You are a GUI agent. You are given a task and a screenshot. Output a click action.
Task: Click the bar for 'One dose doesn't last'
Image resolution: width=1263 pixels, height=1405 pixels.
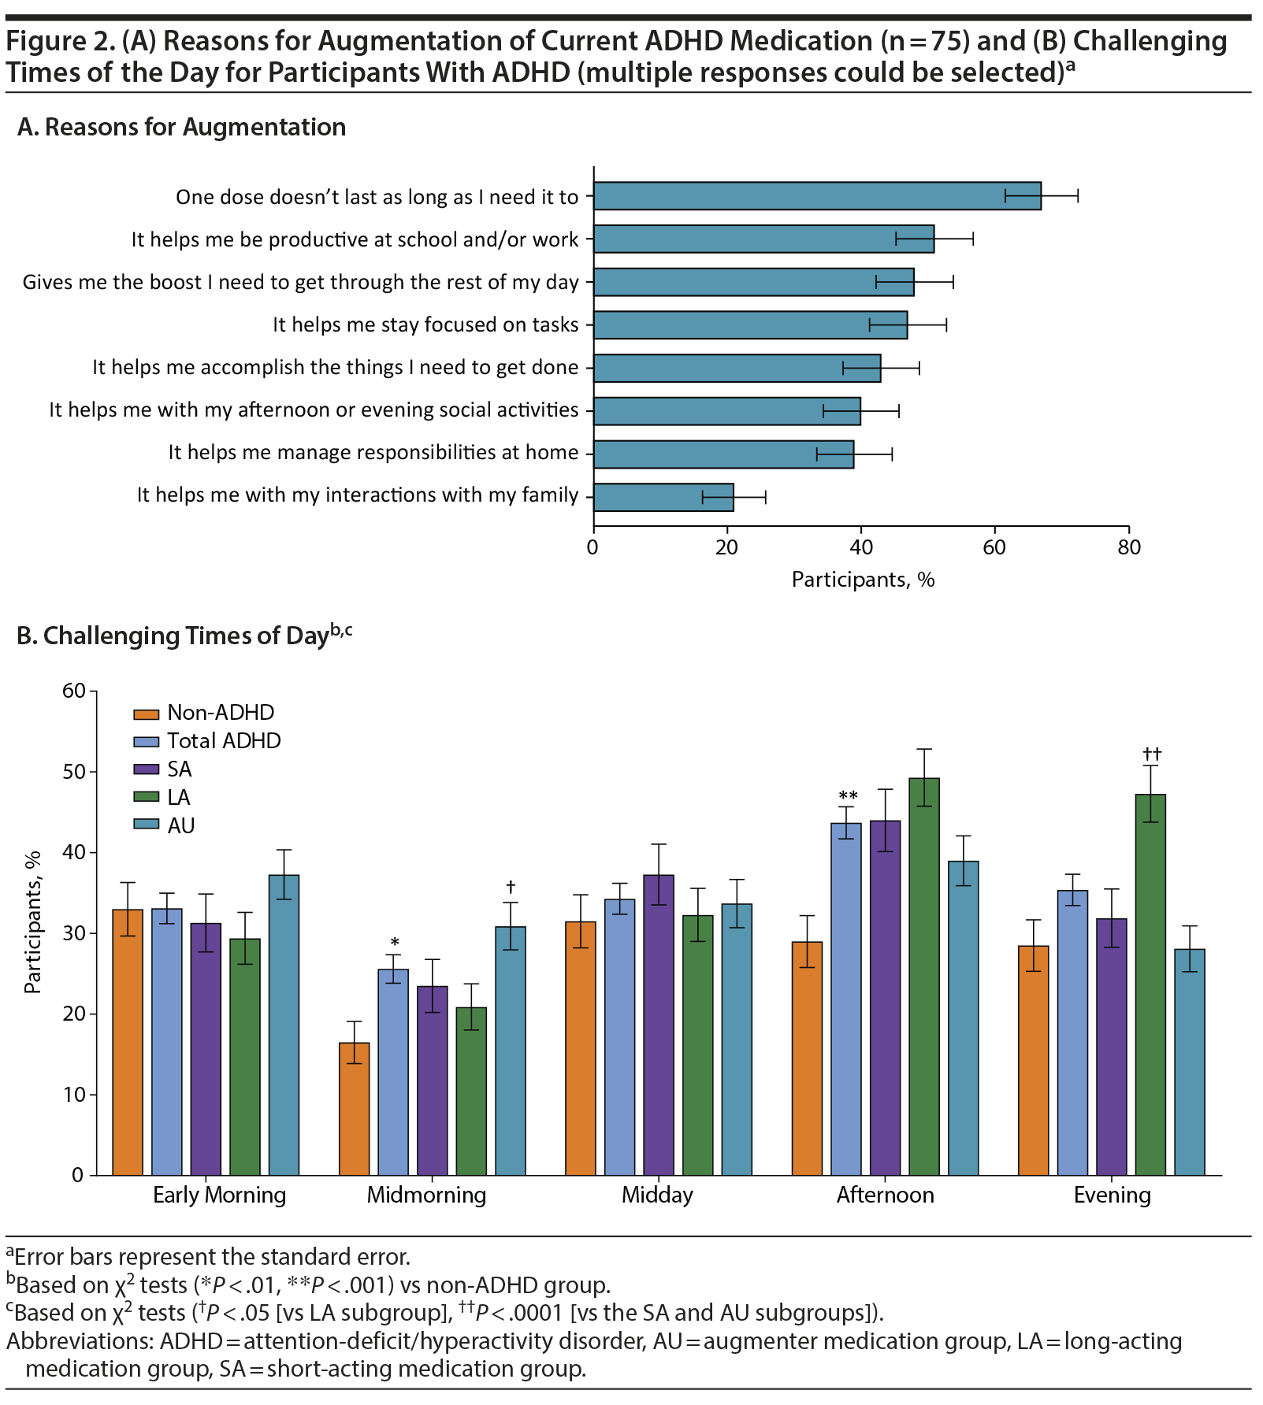click(817, 196)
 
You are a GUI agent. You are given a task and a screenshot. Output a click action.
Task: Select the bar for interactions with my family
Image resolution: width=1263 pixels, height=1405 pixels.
click(663, 497)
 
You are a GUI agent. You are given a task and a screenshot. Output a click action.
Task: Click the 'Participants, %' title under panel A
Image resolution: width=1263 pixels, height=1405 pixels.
click(863, 580)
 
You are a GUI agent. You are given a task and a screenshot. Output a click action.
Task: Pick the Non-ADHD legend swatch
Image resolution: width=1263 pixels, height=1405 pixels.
click(147, 714)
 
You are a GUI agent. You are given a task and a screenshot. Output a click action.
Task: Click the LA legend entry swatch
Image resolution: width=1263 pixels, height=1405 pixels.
click(147, 798)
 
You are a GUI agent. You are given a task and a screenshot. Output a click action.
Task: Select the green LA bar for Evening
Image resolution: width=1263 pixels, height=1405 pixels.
click(1150, 984)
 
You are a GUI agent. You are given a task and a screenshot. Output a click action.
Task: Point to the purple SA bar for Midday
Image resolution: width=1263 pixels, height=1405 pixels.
click(659, 1025)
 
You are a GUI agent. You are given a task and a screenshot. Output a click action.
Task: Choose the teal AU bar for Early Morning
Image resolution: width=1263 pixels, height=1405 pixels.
click(284, 1025)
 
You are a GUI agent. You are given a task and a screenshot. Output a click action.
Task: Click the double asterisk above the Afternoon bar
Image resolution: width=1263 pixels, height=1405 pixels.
click(848, 796)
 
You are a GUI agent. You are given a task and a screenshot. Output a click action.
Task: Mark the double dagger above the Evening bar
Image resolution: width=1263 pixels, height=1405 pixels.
click(1152, 754)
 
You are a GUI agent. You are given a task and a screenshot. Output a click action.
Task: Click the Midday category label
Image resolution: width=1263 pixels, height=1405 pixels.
click(657, 1196)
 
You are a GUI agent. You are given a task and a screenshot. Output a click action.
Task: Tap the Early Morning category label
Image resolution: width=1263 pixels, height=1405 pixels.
click(219, 1196)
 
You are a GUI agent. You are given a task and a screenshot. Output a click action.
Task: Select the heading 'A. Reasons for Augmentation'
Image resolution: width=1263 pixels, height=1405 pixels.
click(182, 127)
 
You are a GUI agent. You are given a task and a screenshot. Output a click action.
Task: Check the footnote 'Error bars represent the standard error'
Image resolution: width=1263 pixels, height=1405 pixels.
click(211, 1256)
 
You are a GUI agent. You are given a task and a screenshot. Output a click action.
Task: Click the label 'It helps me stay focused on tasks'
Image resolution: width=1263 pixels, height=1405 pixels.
click(425, 324)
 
